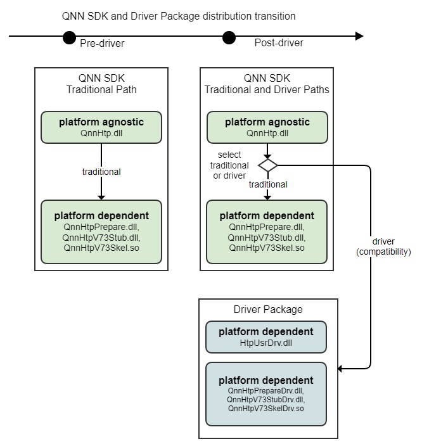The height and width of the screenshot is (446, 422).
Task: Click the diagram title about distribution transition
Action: (x=179, y=16)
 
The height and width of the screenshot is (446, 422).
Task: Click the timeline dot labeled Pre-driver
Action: (x=70, y=37)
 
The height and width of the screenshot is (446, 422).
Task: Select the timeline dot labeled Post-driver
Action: (x=229, y=37)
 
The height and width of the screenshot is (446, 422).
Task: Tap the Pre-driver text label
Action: (x=102, y=43)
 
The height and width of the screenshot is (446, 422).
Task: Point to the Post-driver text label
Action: (x=279, y=43)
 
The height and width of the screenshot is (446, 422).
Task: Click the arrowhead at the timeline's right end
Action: (x=359, y=37)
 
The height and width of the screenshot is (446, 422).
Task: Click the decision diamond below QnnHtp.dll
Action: (x=267, y=165)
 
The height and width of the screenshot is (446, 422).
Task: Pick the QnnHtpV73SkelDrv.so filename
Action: (x=265, y=409)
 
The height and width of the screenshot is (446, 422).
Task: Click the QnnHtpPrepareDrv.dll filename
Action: (x=265, y=391)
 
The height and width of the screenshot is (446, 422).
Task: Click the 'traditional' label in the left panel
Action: (x=101, y=171)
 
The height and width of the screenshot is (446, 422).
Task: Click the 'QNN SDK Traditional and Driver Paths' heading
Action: (x=267, y=84)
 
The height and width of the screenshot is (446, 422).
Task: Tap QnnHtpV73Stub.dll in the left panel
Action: (x=101, y=236)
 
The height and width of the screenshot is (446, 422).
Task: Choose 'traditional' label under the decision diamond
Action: (x=267, y=184)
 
